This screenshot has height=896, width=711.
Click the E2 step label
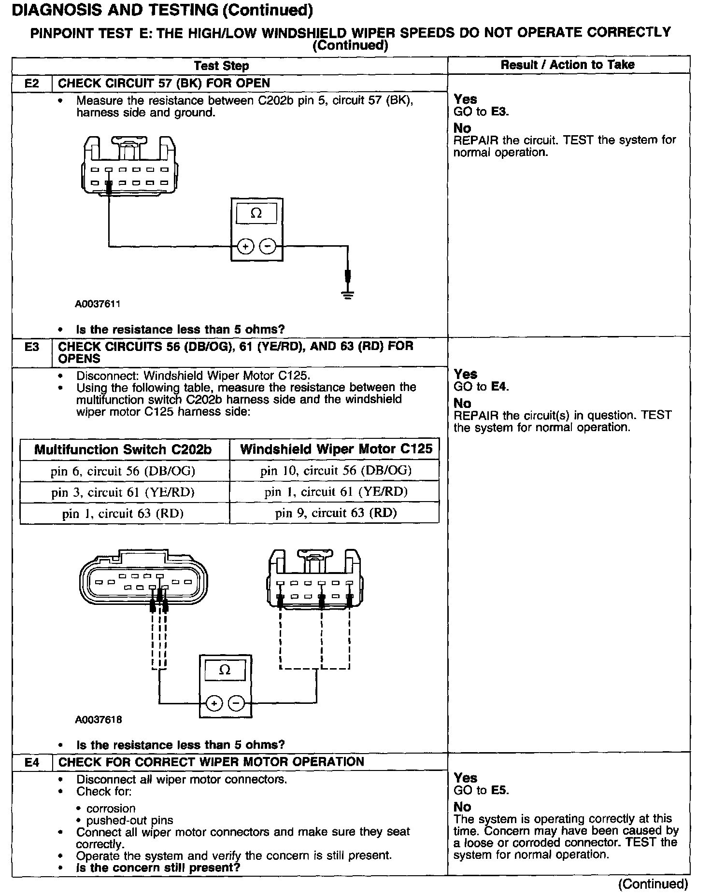(31, 83)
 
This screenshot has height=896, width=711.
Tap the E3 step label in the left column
(31, 347)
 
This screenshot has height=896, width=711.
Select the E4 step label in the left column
(31, 762)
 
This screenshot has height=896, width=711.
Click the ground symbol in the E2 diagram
(347, 294)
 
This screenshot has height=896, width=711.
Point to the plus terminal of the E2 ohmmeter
(246, 247)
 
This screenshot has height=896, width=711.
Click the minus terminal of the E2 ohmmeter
(268, 247)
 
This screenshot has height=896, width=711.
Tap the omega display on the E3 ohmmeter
(225, 670)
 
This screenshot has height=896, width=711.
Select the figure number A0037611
(98, 304)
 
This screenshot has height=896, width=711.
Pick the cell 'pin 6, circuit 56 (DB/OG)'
(124, 471)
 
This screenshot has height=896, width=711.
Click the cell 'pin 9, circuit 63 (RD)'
(336, 513)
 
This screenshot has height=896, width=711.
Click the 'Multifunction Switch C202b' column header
(123, 449)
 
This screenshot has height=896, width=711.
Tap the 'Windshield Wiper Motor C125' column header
(336, 449)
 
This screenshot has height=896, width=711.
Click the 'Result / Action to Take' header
(568, 65)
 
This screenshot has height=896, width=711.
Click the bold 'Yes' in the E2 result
(465, 99)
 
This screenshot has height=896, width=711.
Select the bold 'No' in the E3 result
(462, 403)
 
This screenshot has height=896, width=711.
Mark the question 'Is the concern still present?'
(158, 868)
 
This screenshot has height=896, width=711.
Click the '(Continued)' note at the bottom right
(653, 883)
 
